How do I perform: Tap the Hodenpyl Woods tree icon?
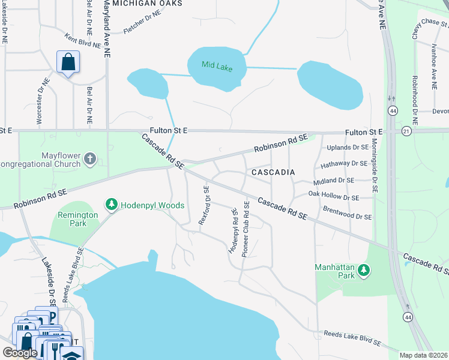coord(111,205)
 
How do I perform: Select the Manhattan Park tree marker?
coord(363,271)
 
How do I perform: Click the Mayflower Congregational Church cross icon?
coord(90,159)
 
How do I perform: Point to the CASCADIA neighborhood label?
coord(273,172)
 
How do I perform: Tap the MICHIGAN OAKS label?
coord(147,3)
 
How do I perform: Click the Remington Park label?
coord(77,219)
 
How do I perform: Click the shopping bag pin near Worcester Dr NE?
coord(68,62)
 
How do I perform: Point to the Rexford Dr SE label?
coord(205,205)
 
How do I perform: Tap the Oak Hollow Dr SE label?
coord(334,196)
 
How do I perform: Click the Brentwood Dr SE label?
coord(347,213)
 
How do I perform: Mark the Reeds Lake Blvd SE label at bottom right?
coord(352,338)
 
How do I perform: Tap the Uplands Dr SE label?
coord(348,147)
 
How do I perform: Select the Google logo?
coord(20,353)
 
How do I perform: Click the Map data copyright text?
coord(424,355)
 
